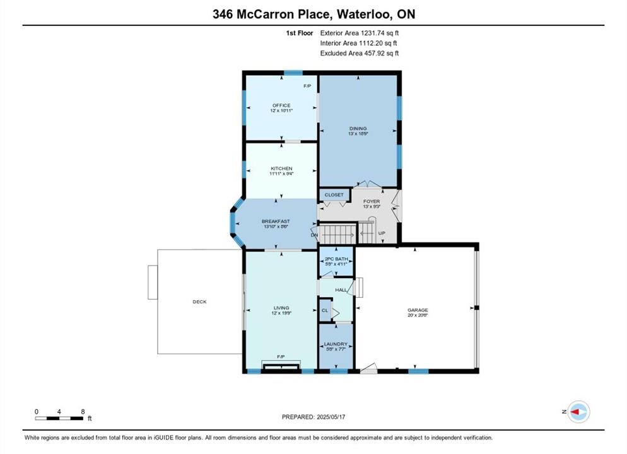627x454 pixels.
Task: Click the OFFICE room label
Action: [281, 105]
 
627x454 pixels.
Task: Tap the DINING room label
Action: [358, 129]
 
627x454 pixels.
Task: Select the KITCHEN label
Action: [281, 168]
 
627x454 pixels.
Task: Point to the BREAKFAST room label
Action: [276, 221]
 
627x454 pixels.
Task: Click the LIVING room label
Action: [281, 308]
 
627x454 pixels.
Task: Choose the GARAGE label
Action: [418, 310]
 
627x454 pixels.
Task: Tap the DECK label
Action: [199, 302]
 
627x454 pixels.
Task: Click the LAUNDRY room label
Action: [336, 344]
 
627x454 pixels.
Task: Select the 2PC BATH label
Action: [336, 259]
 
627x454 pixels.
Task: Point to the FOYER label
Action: [372, 201]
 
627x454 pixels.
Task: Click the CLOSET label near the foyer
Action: [334, 195]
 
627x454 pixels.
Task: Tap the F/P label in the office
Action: [307, 86]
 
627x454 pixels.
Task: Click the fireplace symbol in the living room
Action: [281, 367]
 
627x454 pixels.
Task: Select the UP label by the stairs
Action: [382, 233]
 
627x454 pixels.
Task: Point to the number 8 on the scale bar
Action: [83, 412]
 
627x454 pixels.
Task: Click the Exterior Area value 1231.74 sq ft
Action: [380, 33]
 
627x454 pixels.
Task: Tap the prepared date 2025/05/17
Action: [331, 417]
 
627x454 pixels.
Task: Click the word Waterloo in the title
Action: [364, 15]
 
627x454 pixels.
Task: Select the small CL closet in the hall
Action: [325, 310]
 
